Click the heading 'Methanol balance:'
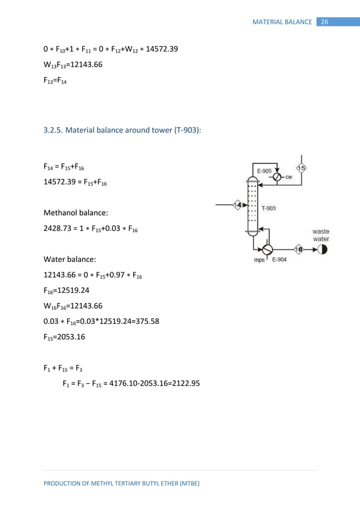coord(72,214)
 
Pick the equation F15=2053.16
coord(64,335)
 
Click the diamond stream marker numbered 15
coord(302,168)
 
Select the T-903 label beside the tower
coord(269,208)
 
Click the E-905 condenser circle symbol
coord(276,177)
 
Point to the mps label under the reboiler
coord(259,261)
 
